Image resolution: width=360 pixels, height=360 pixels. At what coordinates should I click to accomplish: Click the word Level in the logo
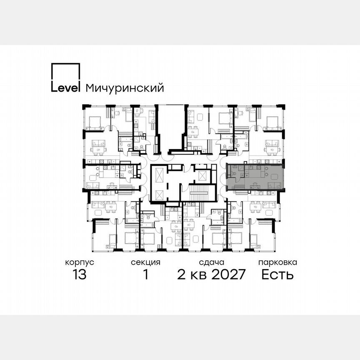(65, 88)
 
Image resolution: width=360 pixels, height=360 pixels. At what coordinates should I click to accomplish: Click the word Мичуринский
(125, 88)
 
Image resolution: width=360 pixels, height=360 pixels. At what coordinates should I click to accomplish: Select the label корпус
(80, 262)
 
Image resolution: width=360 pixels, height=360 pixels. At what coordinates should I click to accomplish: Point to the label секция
(145, 262)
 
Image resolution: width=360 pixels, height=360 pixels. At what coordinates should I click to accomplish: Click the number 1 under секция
(146, 275)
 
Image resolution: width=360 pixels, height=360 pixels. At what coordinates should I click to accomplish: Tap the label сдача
(212, 262)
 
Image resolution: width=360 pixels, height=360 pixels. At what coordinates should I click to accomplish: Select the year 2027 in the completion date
(224, 275)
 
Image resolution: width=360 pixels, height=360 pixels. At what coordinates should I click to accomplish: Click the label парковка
(277, 262)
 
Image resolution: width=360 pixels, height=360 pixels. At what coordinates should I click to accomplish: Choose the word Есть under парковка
(277, 275)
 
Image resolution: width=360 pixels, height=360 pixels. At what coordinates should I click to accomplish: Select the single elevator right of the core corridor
(203, 175)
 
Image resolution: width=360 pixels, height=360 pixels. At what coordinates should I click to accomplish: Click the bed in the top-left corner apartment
(95, 122)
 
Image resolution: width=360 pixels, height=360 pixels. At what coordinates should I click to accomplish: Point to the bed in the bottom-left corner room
(112, 240)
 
